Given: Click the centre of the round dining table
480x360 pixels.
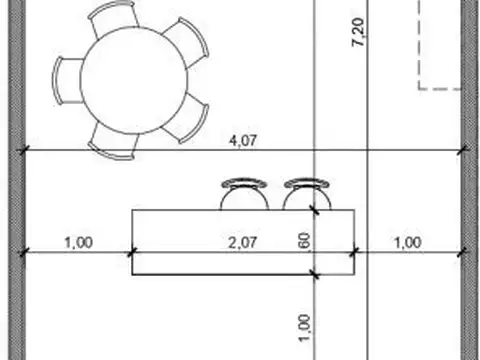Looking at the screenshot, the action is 134,80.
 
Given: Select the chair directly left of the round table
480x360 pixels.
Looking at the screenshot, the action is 67,81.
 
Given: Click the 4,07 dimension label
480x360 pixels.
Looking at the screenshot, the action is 243,141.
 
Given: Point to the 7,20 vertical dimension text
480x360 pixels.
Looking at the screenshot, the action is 358,32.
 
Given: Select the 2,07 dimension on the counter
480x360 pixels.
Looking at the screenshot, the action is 243,242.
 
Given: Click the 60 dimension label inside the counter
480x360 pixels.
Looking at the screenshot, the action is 305,241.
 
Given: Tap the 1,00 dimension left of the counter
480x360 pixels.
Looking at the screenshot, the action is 79,242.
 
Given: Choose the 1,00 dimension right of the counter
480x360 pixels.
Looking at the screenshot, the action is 408,242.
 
